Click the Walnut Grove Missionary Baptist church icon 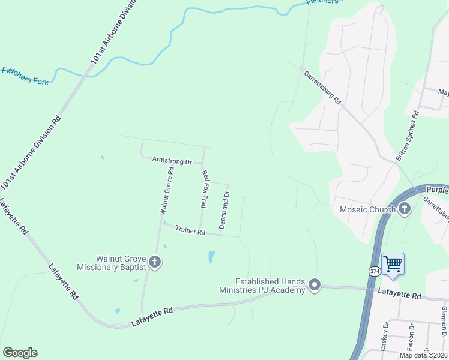pos(155,262)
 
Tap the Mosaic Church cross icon pos(405,209)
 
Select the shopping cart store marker pos(393,263)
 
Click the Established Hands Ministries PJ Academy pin pos(315,286)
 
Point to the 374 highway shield pos(373,271)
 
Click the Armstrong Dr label pos(172,161)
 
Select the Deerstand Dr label pos(224,209)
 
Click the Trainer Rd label pos(191,231)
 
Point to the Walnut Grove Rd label pos(167,191)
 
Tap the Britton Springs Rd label pos(406,139)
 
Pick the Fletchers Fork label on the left pos(25,76)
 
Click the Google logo pos(20,353)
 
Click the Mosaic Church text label pos(367,209)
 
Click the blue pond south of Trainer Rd pos(211,257)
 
